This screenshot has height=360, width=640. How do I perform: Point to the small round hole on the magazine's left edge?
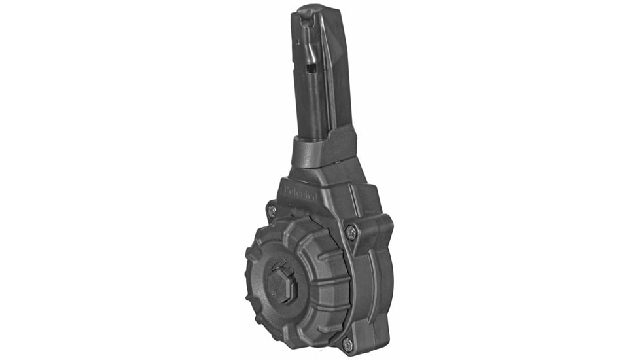[x=298, y=42]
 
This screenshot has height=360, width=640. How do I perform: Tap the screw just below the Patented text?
[x=272, y=211]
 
